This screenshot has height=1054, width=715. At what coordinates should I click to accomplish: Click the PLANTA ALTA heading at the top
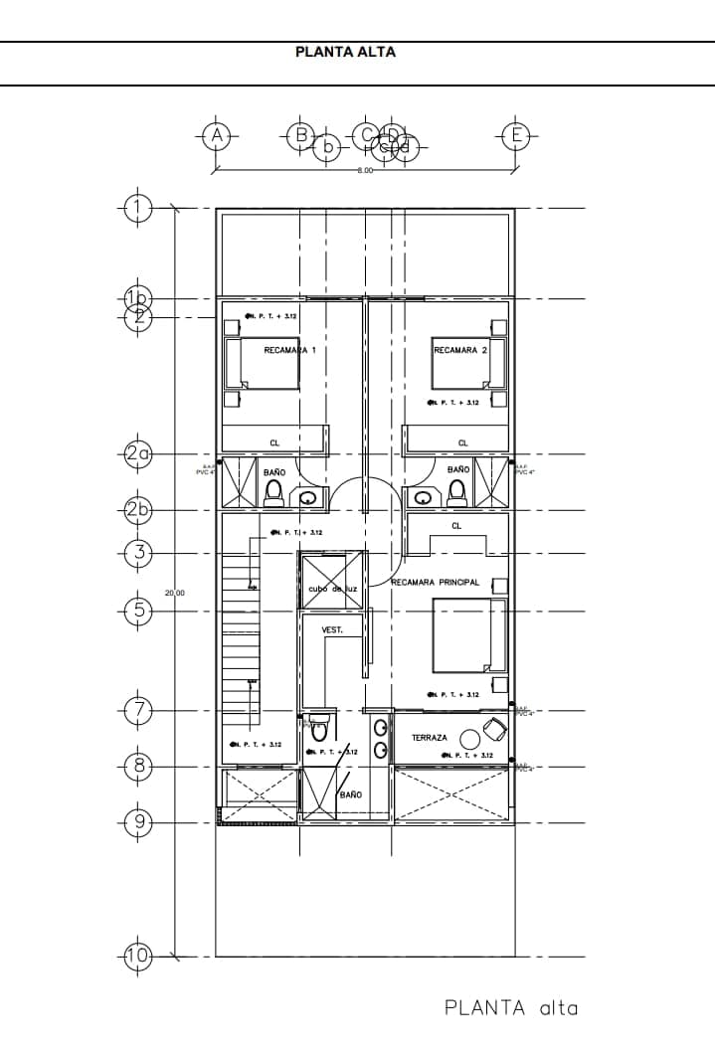[345, 52]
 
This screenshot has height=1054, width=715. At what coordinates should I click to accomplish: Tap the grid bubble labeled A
[217, 135]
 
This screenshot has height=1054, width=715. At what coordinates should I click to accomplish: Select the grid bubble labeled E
[514, 135]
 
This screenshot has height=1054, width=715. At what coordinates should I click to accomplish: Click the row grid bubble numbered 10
[138, 957]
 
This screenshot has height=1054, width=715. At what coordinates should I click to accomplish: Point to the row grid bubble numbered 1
[138, 208]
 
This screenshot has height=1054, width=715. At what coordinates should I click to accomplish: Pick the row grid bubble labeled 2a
[138, 455]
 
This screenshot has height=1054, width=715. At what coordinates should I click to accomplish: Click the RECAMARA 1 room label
[289, 351]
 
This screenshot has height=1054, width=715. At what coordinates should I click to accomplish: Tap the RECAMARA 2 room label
[460, 351]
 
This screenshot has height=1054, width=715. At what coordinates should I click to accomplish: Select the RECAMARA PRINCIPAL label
[436, 582]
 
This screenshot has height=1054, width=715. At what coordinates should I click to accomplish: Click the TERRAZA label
[430, 738]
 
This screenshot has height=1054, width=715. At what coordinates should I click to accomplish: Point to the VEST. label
[332, 630]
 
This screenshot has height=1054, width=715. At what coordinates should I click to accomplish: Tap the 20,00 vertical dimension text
[175, 593]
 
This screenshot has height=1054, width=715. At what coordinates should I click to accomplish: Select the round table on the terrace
[468, 737]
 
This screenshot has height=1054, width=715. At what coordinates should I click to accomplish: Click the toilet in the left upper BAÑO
[274, 491]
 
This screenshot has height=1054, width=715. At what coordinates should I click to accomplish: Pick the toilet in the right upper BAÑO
[457, 491]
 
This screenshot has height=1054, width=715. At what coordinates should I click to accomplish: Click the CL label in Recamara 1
[274, 442]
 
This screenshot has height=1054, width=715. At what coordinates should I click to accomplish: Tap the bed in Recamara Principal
[469, 636]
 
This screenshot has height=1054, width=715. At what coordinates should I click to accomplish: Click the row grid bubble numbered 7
[138, 710]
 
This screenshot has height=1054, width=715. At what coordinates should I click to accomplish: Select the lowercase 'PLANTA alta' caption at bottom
[510, 1008]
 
